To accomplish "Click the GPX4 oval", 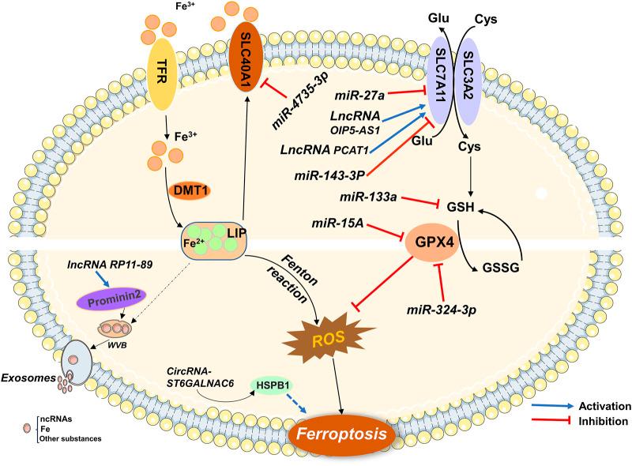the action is coord(432,242).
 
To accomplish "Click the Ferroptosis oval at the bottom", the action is coord(341,434).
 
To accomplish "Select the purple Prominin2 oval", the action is coord(111,301).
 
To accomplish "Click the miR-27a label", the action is coord(359,96).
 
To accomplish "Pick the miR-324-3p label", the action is coord(442,310).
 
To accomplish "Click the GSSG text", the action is coord(500,268).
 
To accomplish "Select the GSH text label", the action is coord(461,207).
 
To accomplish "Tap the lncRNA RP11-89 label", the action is coord(110,265).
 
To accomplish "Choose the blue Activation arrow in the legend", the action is coord(552,405).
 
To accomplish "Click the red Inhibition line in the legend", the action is coord(552,421).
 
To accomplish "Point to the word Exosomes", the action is coord(28,378).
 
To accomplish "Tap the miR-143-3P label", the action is coord(329,175).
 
